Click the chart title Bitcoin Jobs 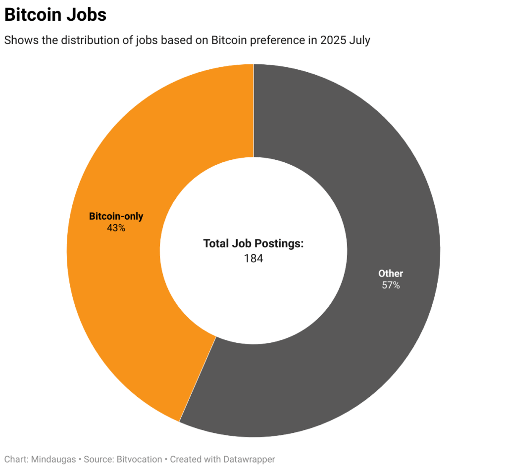(x=55, y=15)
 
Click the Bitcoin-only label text (x=116, y=216)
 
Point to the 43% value (x=116, y=228)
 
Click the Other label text (x=391, y=273)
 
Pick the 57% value (x=391, y=285)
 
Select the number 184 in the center (x=253, y=258)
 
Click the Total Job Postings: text (x=253, y=243)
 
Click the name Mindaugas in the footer (x=53, y=459)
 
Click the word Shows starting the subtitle (x=18, y=40)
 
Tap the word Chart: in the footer (x=16, y=459)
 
